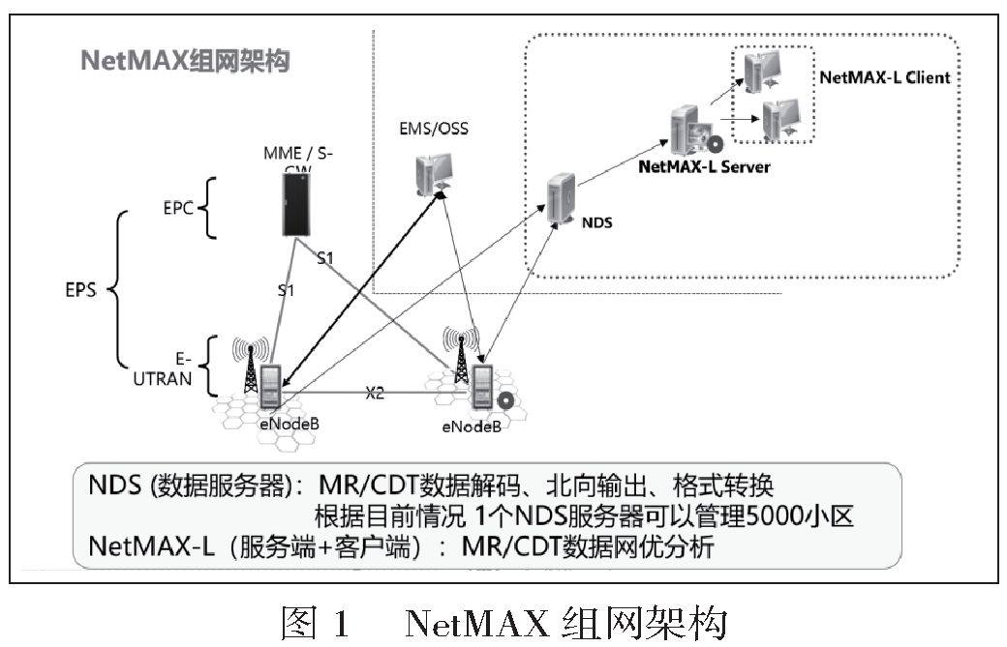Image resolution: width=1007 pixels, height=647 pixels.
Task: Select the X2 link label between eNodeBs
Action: click(376, 394)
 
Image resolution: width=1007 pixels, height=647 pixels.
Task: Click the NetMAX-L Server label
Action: click(704, 166)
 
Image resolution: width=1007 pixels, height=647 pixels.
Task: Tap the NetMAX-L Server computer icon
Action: click(689, 131)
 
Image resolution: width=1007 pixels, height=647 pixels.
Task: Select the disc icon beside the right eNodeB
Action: click(504, 398)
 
